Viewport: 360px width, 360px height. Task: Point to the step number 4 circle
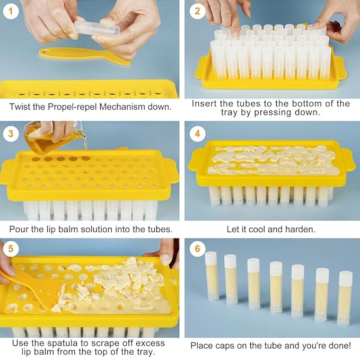point(198,134)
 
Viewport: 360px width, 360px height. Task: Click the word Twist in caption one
point(20,107)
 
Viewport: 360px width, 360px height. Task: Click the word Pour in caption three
point(19,230)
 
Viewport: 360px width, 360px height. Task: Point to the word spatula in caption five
point(63,343)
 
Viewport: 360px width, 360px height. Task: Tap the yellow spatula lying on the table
point(85,55)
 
